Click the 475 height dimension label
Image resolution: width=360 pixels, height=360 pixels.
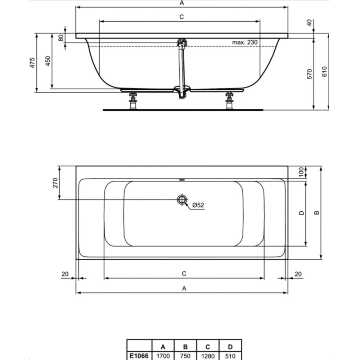[x=32, y=62]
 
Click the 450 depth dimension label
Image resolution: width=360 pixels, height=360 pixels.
[x=48, y=61]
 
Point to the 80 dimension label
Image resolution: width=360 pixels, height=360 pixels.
[x=61, y=38]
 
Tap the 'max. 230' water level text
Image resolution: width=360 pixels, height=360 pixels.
[x=245, y=42]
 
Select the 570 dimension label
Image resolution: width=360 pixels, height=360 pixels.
[x=310, y=74]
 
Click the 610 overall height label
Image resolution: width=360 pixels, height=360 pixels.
[x=324, y=71]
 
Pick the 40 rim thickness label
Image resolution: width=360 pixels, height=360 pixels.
[x=310, y=23]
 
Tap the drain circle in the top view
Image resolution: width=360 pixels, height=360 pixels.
[x=182, y=199]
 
